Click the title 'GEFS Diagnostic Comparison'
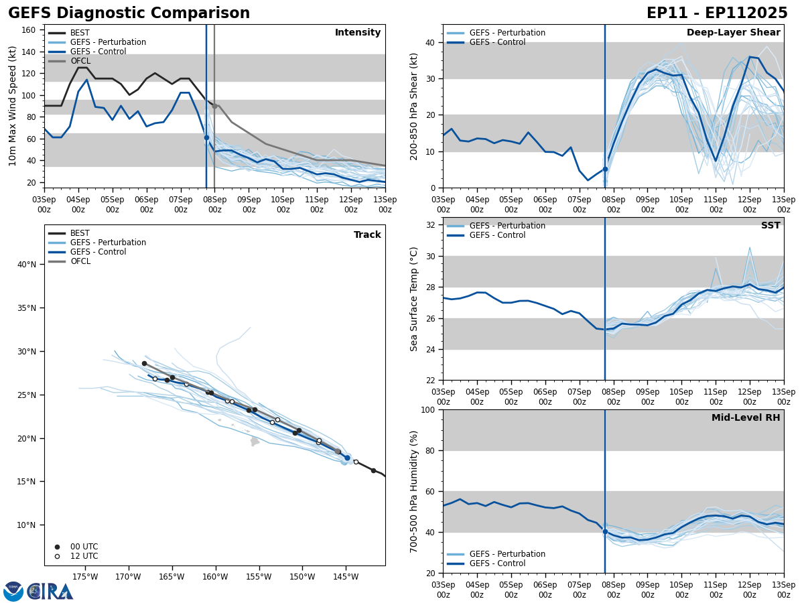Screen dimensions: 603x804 coord(129,13)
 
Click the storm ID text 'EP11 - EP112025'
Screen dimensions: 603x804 coord(717,13)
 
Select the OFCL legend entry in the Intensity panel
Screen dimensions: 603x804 coord(80,61)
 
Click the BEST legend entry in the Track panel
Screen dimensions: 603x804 coord(80,233)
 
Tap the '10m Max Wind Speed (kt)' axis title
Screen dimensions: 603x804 coord(13,106)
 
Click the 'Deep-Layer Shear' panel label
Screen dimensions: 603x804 coord(733,33)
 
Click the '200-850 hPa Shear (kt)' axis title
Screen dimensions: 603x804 coord(413,106)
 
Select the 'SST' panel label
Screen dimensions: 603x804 coord(770,226)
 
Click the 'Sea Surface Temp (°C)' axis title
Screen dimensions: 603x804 coord(413,299)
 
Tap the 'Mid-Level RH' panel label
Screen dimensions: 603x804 coord(745,418)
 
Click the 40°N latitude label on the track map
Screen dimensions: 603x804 coord(27,265)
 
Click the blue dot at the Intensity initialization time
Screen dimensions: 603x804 coord(206,137)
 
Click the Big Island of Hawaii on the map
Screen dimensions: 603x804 coord(255,442)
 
